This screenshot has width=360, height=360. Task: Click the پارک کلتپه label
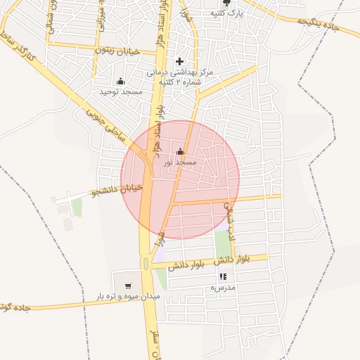[228, 13]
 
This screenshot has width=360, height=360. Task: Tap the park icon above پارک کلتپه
[226, 2]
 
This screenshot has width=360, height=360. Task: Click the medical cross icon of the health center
[179, 61]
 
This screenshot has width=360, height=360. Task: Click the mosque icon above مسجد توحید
[120, 81]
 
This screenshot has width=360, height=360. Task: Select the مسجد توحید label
[120, 91]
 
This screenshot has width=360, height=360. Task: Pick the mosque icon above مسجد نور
[180, 151]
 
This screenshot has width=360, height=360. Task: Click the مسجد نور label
[180, 162]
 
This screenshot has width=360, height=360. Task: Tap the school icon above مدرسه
[223, 277]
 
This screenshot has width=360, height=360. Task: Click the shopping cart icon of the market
[127, 285]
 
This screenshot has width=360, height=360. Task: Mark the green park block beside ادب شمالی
[222, 243]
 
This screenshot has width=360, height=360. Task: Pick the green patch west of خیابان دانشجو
[77, 207]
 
